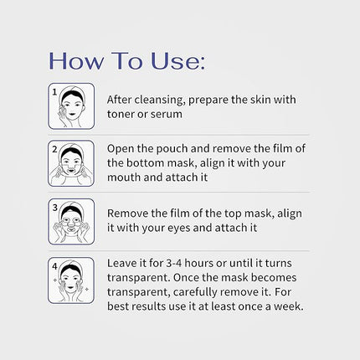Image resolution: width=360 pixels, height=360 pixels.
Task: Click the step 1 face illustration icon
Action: [71, 105]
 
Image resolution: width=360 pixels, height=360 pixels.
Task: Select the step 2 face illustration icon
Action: [71, 163]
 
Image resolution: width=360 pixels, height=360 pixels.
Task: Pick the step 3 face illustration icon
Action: [71, 220]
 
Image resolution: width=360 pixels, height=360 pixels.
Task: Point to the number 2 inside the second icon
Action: [54, 149]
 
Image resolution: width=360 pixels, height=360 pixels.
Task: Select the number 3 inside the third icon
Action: [54, 207]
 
